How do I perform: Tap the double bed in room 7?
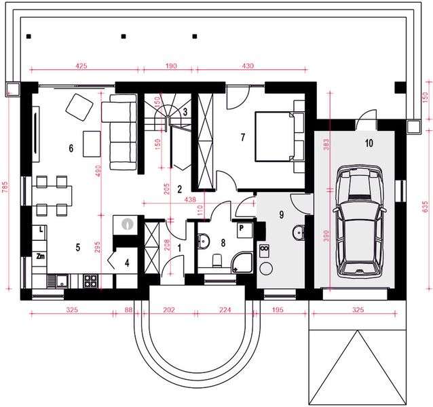(x=274, y=136)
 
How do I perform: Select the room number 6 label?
(x=71, y=148)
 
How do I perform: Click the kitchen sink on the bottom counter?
(x=58, y=282)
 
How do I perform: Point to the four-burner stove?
(x=90, y=282)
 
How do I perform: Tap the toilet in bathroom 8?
(x=217, y=260)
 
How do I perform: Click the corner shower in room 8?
(x=242, y=263)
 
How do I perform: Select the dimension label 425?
(x=81, y=66)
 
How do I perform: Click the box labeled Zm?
(x=40, y=256)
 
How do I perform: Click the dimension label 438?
(x=190, y=199)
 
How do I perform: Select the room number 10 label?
(x=369, y=143)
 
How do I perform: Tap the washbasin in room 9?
(x=298, y=233)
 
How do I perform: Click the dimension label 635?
(x=426, y=207)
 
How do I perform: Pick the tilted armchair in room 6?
(x=79, y=107)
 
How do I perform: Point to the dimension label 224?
(x=225, y=310)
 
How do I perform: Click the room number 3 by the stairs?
(x=185, y=112)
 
